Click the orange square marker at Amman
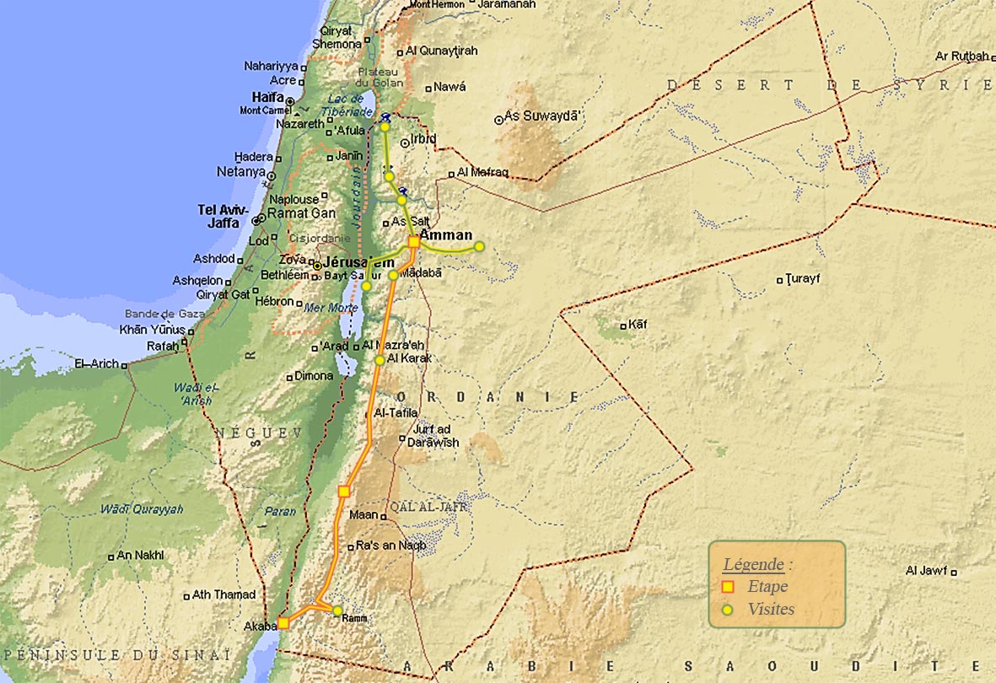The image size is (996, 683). pyautogui.click(x=414, y=242)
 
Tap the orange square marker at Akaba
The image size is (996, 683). pyautogui.click(x=283, y=623)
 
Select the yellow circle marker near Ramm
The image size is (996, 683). pyautogui.click(x=337, y=610)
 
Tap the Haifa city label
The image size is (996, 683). pyautogui.click(x=267, y=97)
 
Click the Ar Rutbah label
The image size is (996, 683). pyautogui.click(x=961, y=56)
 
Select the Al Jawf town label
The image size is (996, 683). pyautogui.click(x=926, y=571)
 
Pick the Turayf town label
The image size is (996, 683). pyautogui.click(x=803, y=278)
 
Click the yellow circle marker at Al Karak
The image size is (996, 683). pyautogui.click(x=380, y=360)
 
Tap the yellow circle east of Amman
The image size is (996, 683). pyautogui.click(x=479, y=246)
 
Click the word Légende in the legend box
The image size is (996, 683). pyautogui.click(x=753, y=564)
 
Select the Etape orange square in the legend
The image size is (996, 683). pyautogui.click(x=728, y=587)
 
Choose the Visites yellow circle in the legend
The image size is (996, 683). pyautogui.click(x=728, y=609)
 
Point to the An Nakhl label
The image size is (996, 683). pyautogui.click(x=140, y=555)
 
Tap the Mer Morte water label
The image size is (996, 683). pyautogui.click(x=331, y=308)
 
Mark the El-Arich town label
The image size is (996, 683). pyautogui.click(x=98, y=364)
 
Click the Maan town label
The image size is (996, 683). pyautogui.click(x=363, y=514)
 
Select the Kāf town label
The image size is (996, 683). pyautogui.click(x=638, y=325)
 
